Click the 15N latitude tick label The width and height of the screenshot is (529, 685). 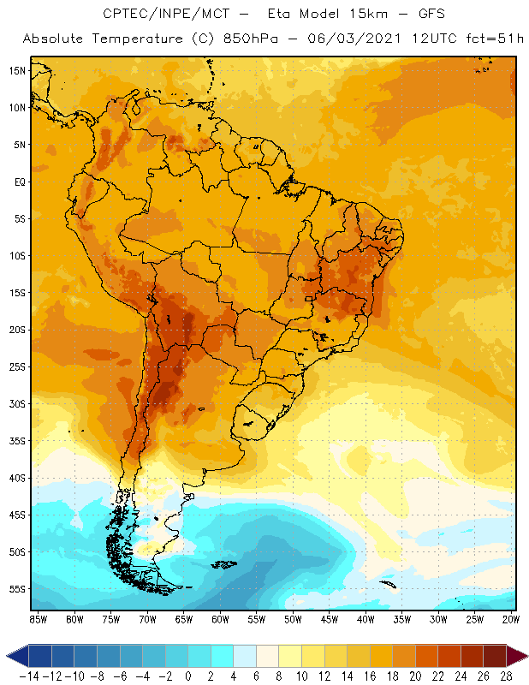coord(17,70)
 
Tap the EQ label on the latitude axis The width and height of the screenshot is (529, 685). coord(19,182)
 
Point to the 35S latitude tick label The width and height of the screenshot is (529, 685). coord(17,441)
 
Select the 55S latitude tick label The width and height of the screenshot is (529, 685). coord(17,589)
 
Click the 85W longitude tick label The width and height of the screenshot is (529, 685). coord(38,619)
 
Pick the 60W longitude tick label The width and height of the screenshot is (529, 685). coord(221,619)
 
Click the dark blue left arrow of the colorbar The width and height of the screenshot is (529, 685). coord(16,656)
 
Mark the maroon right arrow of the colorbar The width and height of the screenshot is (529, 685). coord(516,656)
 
